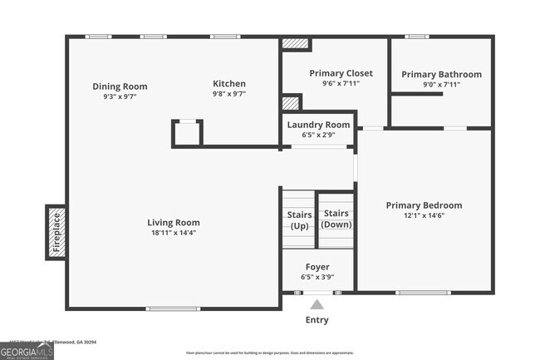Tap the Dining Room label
click(120, 86)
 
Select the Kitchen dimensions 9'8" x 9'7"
click(229, 95)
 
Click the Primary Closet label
click(341, 73)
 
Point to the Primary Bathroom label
click(441, 74)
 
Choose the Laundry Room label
click(318, 125)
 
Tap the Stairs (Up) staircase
click(298, 220)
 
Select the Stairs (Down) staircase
click(336, 219)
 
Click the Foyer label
click(318, 267)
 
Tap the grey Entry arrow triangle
click(317, 304)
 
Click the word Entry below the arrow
click(317, 320)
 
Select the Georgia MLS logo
click(27, 351)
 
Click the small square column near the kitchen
click(187, 133)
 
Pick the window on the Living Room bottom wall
click(173, 309)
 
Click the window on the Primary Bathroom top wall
click(416, 37)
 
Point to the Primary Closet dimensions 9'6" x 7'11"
click(341, 84)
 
